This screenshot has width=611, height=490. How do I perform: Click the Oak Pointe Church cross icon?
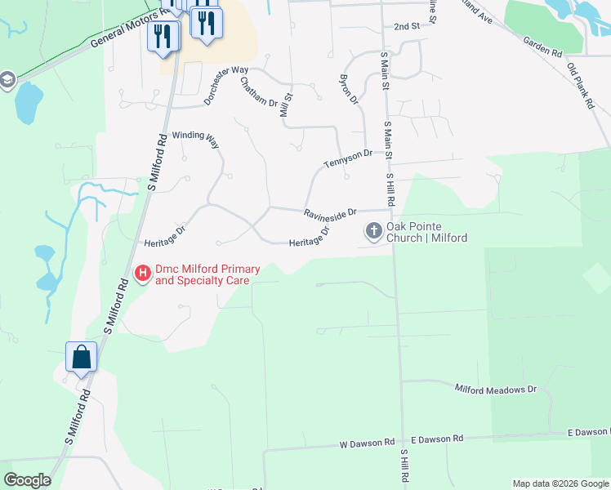pyautogui.click(x=374, y=231)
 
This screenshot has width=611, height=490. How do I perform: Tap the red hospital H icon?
pyautogui.click(x=142, y=272)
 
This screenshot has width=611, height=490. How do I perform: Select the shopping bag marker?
pyautogui.click(x=82, y=358)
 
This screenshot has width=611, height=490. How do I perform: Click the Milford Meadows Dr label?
pyautogui.click(x=495, y=390)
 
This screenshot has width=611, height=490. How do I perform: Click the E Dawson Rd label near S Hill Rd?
pyautogui.click(x=437, y=439)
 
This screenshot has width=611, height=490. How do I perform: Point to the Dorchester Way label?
pyautogui.click(x=226, y=85)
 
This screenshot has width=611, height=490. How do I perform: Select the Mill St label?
pyautogui.click(x=287, y=105)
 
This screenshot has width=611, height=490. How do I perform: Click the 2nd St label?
pyautogui.click(x=406, y=26)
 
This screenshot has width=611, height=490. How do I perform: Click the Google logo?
pyautogui.click(x=27, y=480)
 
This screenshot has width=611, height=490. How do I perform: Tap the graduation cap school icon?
pyautogui.click(x=7, y=81)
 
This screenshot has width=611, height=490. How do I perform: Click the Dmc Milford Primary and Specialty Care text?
pyautogui.click(x=207, y=274)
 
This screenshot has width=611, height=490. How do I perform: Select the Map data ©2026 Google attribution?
pyautogui.click(x=560, y=483)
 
